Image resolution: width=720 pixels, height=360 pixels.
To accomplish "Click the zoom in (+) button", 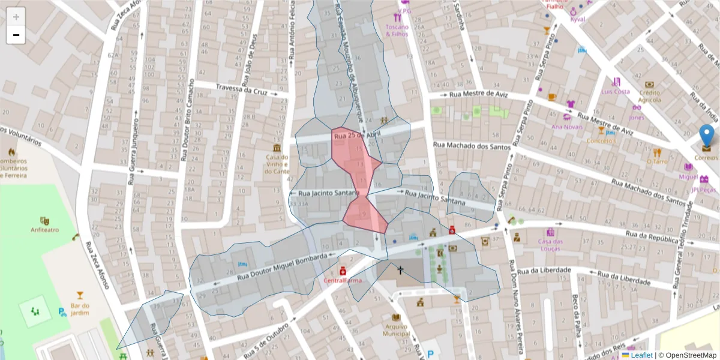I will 16,17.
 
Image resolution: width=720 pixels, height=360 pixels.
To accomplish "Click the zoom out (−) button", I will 16,35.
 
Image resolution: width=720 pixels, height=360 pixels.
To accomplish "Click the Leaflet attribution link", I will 641,355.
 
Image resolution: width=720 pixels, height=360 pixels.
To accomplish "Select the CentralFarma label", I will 343,280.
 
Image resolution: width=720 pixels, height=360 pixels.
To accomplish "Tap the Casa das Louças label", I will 550,245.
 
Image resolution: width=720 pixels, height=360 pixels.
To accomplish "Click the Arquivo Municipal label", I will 396,330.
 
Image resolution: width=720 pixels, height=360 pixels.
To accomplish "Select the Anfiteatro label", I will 44,230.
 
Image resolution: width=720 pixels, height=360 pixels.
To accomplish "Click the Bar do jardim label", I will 80,308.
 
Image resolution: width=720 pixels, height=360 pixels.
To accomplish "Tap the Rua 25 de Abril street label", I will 358,136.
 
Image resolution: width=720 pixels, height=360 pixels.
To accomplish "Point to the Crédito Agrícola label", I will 649,96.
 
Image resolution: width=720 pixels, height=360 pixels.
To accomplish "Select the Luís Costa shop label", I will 616,92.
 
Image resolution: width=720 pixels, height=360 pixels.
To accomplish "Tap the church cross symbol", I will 400,270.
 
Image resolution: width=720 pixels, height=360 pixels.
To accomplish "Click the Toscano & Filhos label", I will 397,31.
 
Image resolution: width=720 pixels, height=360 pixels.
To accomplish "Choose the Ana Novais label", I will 567,127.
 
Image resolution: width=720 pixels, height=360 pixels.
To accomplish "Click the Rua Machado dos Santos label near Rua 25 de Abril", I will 471,146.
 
